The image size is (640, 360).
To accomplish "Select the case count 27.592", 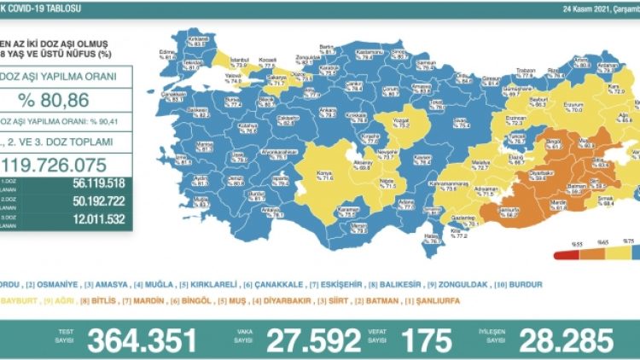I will pyautogui.click(x=312, y=340).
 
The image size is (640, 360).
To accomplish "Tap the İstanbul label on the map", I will pyautogui.click(x=239, y=61).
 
